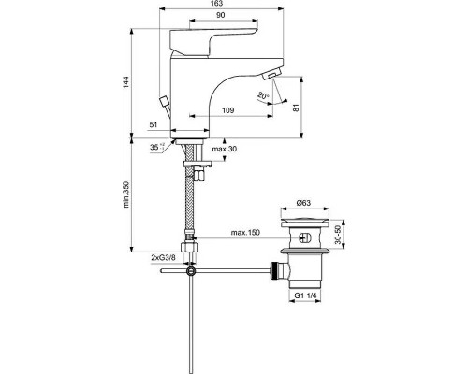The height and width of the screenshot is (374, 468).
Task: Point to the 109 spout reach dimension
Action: (227, 111)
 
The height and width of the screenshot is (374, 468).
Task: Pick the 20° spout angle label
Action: (265, 95)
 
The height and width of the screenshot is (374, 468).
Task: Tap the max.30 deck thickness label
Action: (225, 150)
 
